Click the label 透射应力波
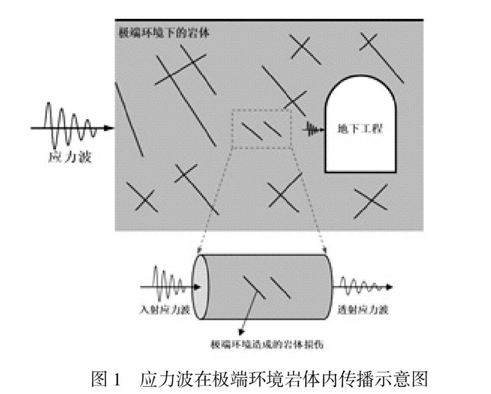pyautogui.click(x=365, y=309)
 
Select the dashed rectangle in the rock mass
pyautogui.click(x=260, y=128)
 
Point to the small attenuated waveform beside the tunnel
pyautogui.click(x=311, y=128)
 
